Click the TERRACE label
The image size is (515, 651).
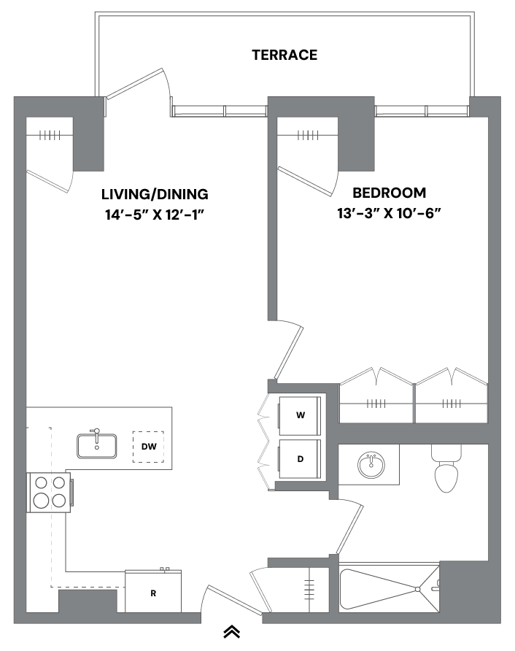(x=284, y=55)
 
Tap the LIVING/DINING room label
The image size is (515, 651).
(x=155, y=194)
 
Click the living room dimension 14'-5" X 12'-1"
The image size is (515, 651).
(x=155, y=215)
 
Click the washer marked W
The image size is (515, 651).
(x=299, y=415)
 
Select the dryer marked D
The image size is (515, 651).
(x=299, y=459)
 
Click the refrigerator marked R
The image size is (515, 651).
(x=153, y=592)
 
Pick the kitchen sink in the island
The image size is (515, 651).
(x=97, y=444)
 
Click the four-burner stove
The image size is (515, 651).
(x=50, y=492)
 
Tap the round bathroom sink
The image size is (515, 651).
(x=370, y=464)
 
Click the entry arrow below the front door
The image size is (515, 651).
(x=232, y=632)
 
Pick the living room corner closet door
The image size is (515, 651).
(x=48, y=182)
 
